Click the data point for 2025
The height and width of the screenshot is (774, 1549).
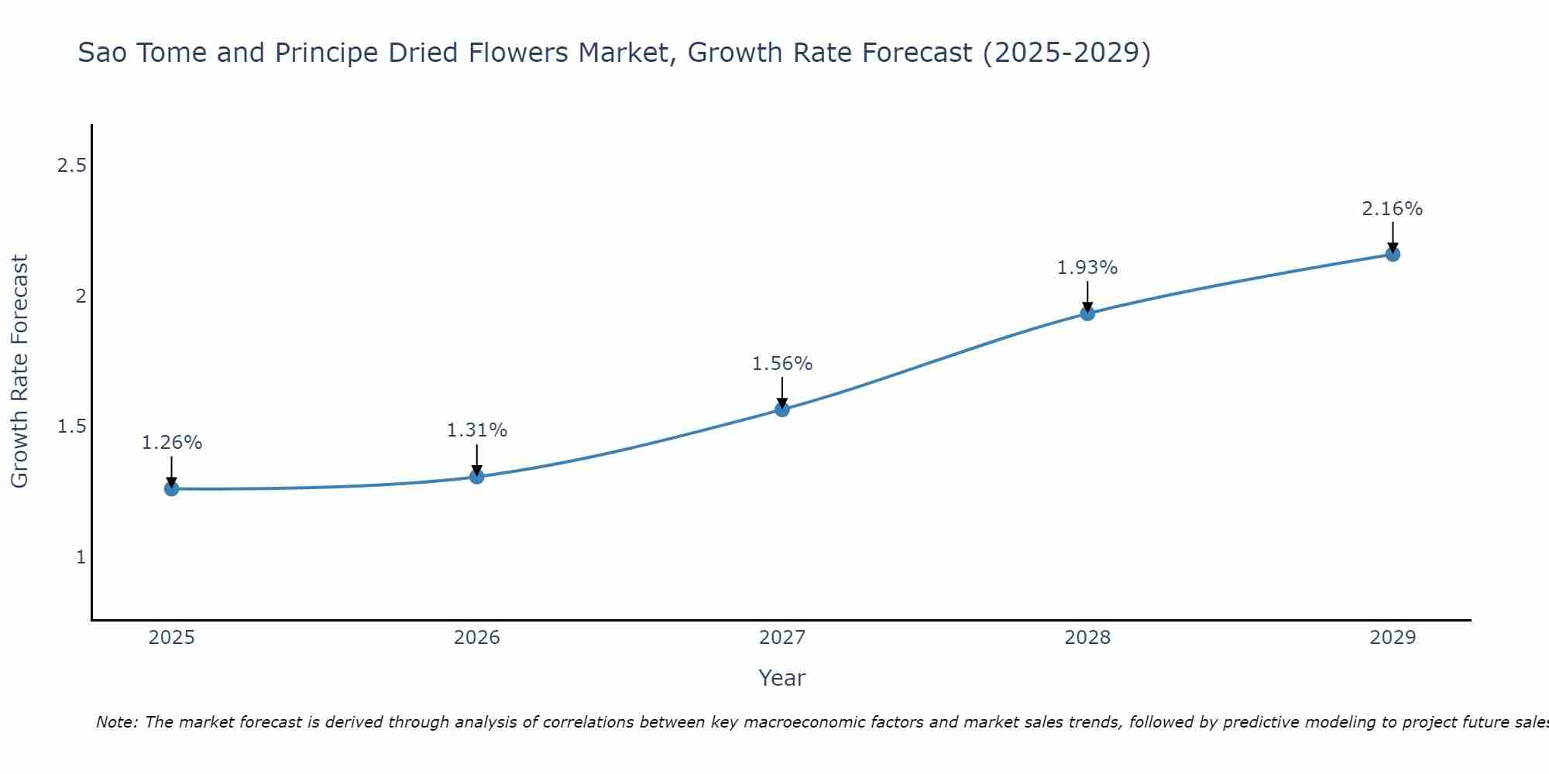pos(172,488)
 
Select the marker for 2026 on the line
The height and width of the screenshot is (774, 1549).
pos(477,476)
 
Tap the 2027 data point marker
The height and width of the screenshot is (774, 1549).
pos(782,409)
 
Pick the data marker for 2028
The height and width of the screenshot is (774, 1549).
pos(1087,313)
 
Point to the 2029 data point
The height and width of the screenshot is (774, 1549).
pos(1393,254)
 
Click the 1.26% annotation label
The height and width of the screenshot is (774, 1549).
pos(172,443)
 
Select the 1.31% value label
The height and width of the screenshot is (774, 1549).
pos(477,430)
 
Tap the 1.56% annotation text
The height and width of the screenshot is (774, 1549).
pos(782,364)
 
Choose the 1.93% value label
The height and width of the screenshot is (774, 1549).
pos(1087,268)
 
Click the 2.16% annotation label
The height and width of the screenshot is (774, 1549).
pos(1393,209)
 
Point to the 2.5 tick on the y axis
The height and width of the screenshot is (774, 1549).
pos(72,166)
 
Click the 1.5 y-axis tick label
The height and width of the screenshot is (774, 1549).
pos(72,426)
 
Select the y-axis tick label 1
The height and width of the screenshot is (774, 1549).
pos(81,557)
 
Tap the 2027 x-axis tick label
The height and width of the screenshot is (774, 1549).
pos(782,638)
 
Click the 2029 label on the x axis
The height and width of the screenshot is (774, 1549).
pos(1393,638)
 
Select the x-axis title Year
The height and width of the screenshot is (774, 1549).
pos(782,678)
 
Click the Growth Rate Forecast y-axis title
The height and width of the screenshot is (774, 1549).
pos(20,372)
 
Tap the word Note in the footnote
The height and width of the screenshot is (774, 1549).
pos(116,722)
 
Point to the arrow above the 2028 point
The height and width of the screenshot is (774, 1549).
pos(1087,296)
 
